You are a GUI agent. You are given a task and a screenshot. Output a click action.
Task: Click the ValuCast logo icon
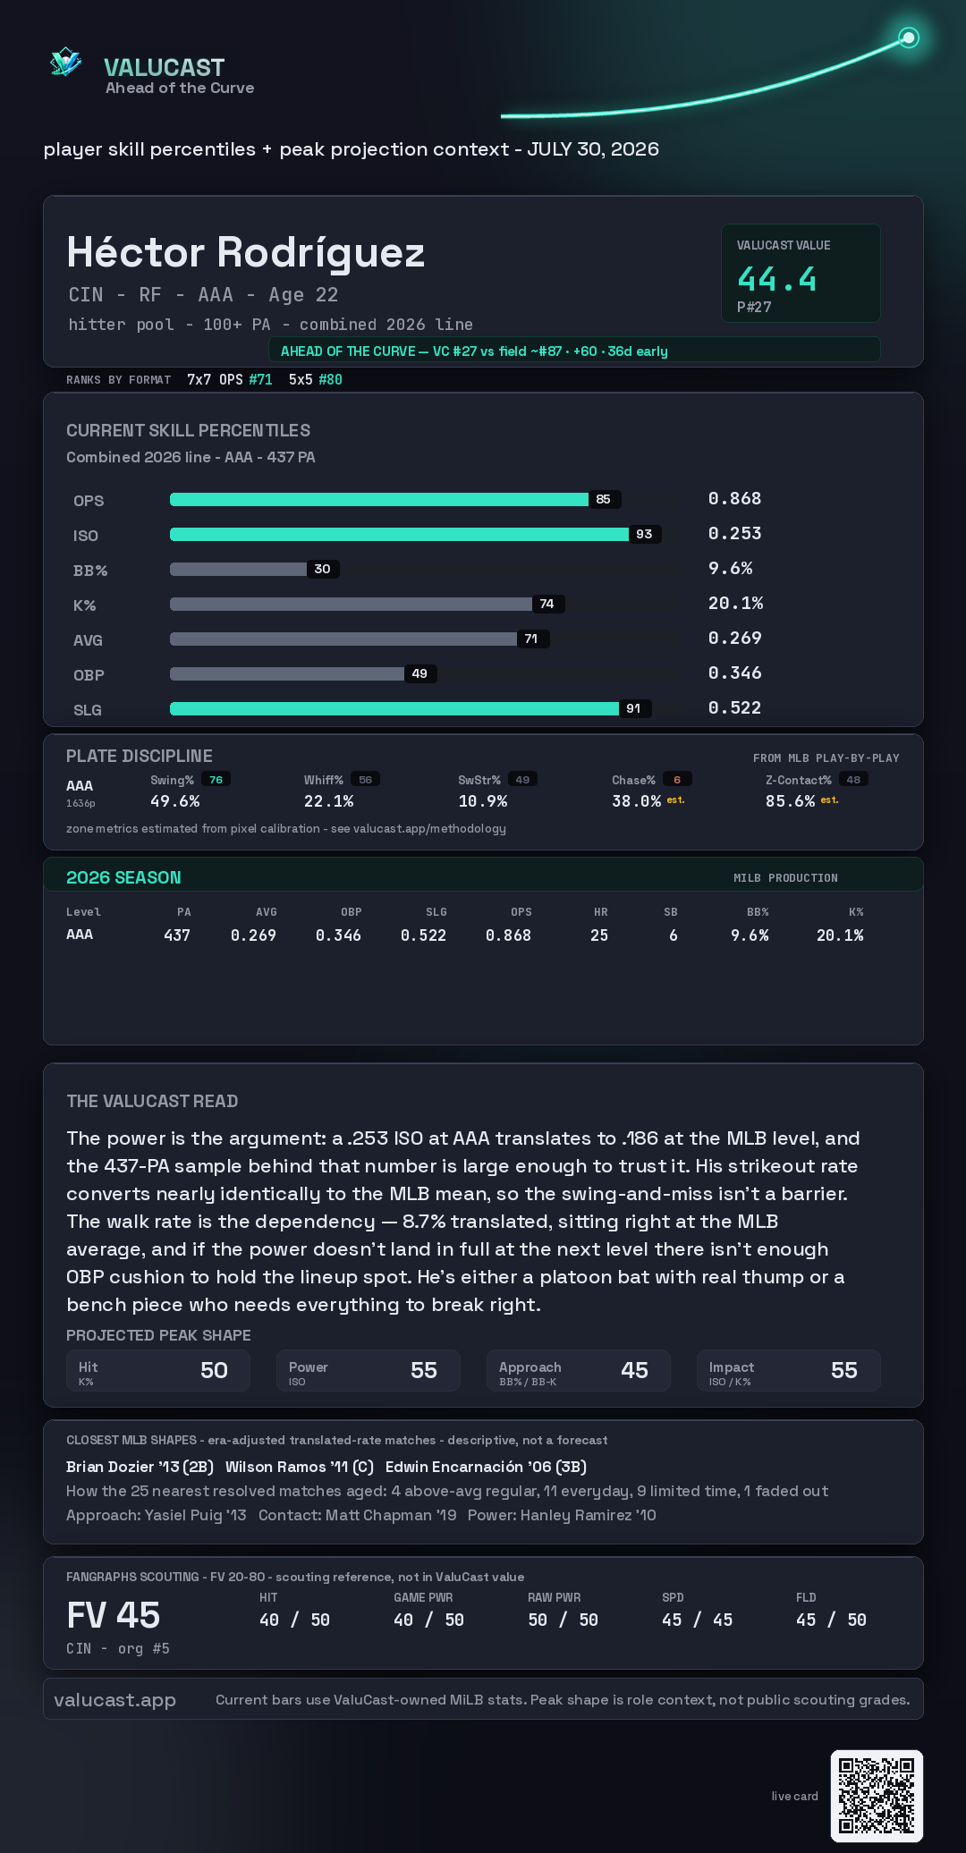click(x=65, y=62)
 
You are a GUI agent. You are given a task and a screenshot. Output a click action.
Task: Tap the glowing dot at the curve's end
click(x=909, y=38)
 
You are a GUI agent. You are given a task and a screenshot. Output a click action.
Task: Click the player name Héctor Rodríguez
click(x=246, y=252)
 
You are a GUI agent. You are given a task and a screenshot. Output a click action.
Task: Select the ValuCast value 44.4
click(x=776, y=279)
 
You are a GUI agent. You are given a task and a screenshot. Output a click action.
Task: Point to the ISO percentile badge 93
click(x=644, y=534)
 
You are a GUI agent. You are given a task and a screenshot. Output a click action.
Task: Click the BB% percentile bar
click(x=238, y=569)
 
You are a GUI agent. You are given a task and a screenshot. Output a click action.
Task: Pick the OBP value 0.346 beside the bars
click(x=734, y=673)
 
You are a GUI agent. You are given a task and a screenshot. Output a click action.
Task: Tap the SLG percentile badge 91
click(x=633, y=708)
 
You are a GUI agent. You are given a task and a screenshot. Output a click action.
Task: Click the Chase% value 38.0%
click(x=636, y=801)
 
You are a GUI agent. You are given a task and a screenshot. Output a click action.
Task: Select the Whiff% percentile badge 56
click(x=365, y=780)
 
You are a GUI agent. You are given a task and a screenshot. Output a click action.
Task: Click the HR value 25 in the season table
click(x=599, y=935)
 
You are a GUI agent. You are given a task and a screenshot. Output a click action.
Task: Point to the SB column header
click(x=671, y=912)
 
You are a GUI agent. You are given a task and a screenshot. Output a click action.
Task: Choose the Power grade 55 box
click(x=369, y=1370)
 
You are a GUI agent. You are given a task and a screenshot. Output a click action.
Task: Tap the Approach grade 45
click(x=634, y=1370)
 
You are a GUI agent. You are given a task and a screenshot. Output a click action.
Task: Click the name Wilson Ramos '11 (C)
click(x=300, y=1467)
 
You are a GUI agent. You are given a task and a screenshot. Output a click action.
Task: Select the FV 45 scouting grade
click(x=114, y=1615)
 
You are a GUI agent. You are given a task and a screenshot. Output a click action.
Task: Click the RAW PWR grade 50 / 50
click(x=563, y=1620)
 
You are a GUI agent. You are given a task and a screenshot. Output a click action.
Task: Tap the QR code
click(x=877, y=1796)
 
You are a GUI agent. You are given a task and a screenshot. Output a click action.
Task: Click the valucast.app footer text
click(x=114, y=1700)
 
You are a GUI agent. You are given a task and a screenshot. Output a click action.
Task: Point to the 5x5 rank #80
click(x=330, y=379)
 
